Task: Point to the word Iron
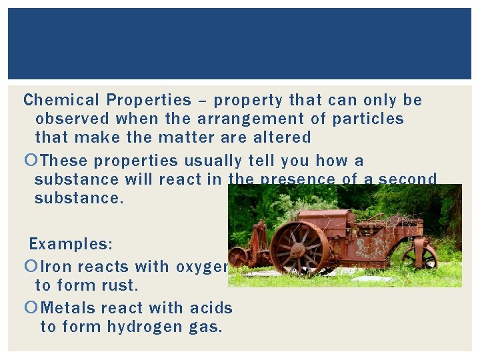[x=56, y=267]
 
